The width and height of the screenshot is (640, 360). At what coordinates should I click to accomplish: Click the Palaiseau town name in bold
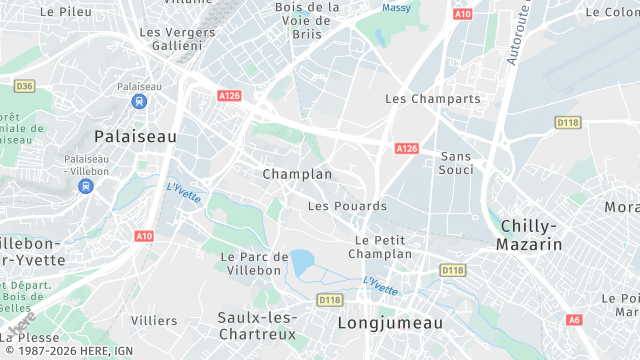(x=135, y=135)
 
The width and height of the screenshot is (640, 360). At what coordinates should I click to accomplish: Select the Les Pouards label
(x=347, y=206)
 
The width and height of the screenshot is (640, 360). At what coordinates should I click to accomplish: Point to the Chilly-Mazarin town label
(x=530, y=235)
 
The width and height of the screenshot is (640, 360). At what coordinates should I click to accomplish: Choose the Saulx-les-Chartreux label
(x=256, y=325)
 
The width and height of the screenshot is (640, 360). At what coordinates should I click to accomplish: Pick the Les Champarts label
(x=433, y=99)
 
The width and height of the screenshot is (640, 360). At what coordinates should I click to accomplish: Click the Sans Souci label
(x=456, y=163)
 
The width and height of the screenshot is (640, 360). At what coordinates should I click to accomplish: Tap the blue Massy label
(x=396, y=8)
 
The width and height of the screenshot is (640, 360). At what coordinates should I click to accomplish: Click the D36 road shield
(x=25, y=87)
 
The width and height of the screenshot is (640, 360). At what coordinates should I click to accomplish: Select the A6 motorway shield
(x=573, y=320)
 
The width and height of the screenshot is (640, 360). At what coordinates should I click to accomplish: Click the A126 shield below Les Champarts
(x=406, y=148)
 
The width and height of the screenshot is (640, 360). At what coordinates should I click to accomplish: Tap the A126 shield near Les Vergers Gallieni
(x=229, y=95)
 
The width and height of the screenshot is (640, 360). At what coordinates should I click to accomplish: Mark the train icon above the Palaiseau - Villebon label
(x=88, y=185)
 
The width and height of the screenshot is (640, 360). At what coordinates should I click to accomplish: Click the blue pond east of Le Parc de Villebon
(x=301, y=263)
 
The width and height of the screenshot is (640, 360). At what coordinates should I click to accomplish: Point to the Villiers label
(x=154, y=321)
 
